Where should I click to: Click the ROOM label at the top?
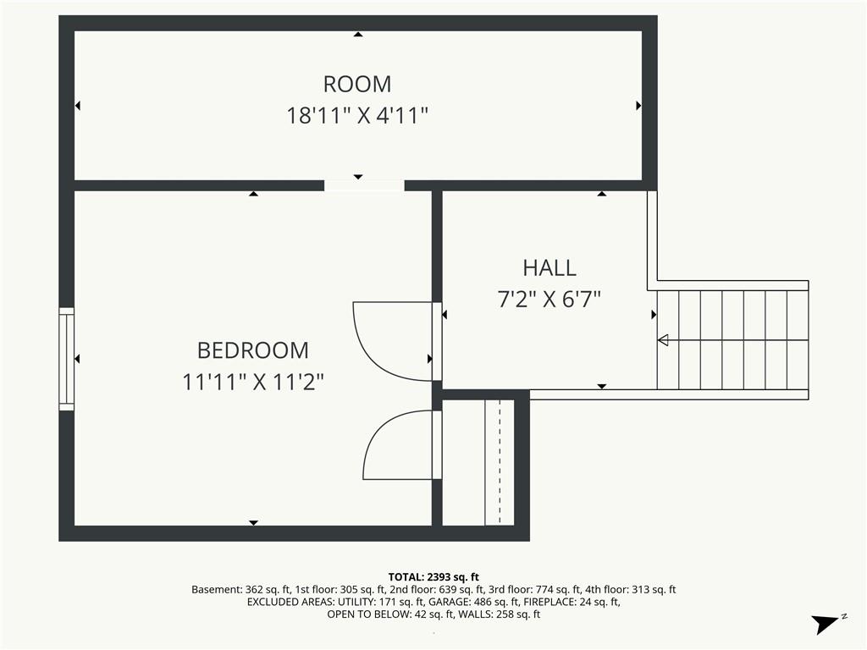coord(357,84)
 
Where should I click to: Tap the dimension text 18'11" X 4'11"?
coord(357,116)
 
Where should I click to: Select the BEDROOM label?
coord(252,350)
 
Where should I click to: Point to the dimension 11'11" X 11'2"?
coord(252,382)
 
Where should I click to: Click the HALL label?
coord(549,268)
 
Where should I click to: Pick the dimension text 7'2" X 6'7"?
coord(549,300)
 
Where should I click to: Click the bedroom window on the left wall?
coord(66,359)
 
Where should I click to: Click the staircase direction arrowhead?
coord(663,340)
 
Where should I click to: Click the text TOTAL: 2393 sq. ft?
coord(433,577)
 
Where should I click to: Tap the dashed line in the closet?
coord(500,461)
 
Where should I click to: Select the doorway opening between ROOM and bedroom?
coord(364,185)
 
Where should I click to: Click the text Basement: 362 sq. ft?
coord(240,590)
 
